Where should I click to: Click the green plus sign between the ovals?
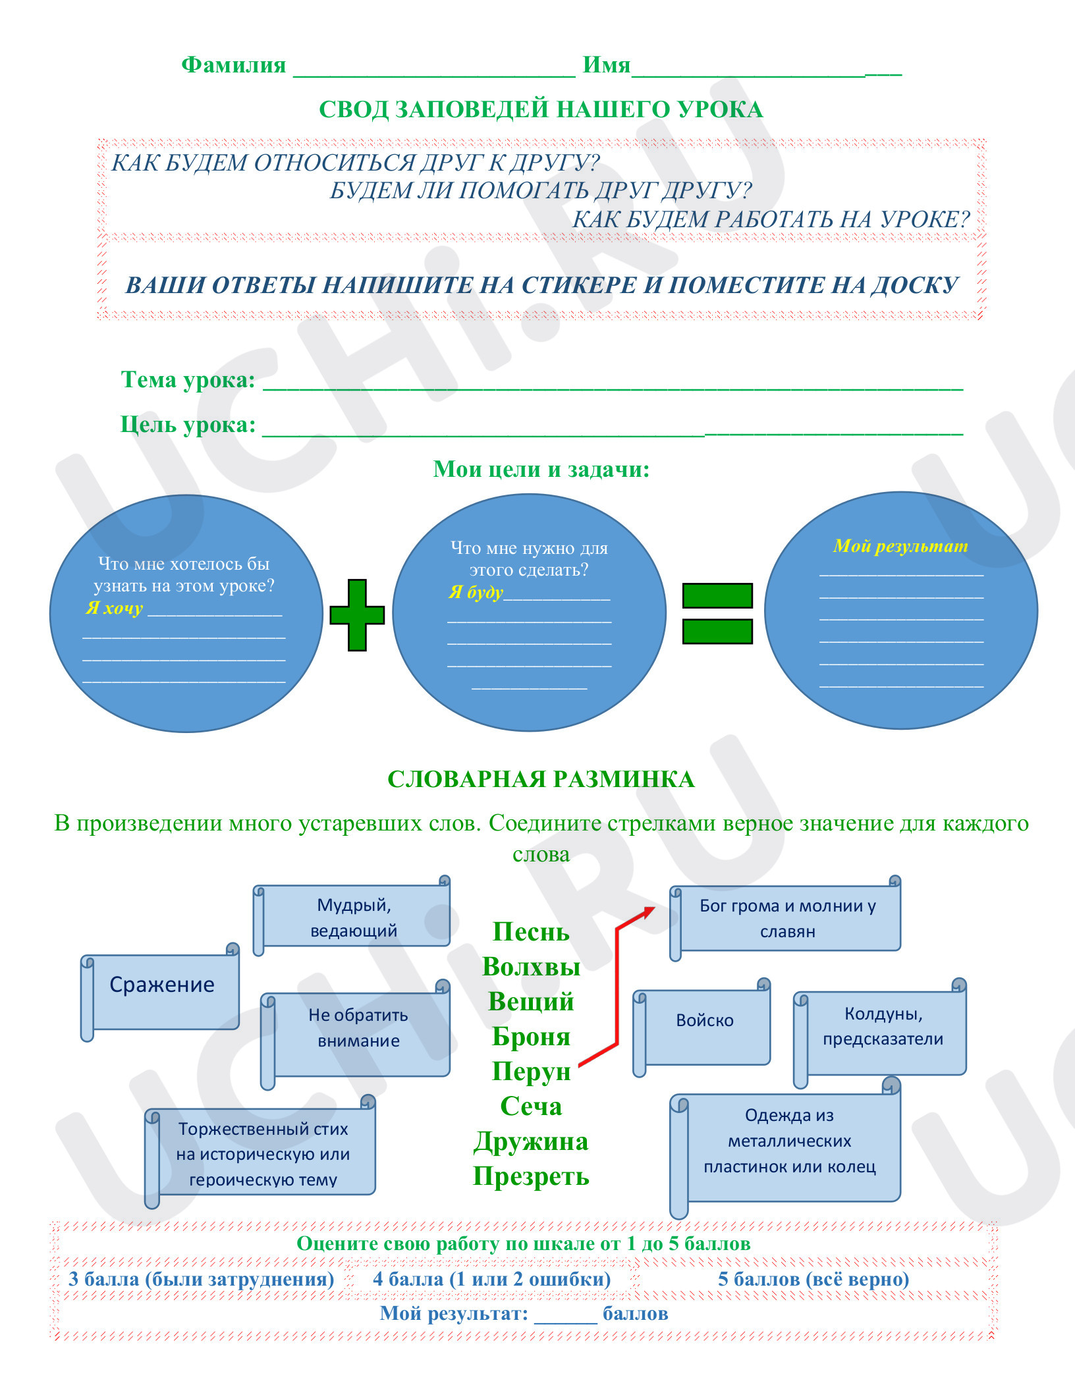[x=357, y=615]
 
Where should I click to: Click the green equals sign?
[x=717, y=613]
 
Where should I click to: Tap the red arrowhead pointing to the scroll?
[x=648, y=913]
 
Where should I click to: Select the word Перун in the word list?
[x=531, y=1071]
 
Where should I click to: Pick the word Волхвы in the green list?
[x=531, y=966]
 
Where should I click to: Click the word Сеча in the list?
[x=531, y=1106]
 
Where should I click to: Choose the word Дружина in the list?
[x=531, y=1141]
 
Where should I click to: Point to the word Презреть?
[x=531, y=1176]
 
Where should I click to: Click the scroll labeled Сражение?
[x=160, y=992]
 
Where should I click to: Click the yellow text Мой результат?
[x=900, y=546]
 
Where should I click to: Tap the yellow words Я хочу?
[x=114, y=608]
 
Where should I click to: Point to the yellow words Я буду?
[x=476, y=592]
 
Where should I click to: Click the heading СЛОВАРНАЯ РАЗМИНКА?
[x=541, y=779]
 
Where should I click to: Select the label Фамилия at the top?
[x=234, y=65]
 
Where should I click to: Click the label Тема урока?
[x=188, y=380]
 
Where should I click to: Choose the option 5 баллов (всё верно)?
[x=813, y=1279]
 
